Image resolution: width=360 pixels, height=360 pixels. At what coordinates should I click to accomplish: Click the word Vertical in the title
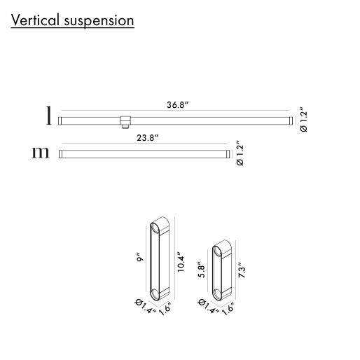point(35,20)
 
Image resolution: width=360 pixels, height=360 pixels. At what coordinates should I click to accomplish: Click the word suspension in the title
point(99,21)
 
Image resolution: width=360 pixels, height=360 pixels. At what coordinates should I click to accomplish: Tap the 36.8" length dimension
point(177,105)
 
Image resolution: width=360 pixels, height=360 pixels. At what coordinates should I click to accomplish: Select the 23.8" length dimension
point(148,138)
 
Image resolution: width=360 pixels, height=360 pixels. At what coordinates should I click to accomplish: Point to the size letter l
point(48,116)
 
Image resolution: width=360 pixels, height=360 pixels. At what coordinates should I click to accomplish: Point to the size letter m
point(41,153)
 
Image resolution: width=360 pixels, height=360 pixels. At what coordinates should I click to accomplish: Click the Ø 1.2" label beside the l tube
point(303,120)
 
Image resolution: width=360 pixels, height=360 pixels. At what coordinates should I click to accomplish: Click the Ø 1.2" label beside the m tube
point(240,153)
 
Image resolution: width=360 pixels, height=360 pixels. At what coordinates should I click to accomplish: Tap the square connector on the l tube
point(125,121)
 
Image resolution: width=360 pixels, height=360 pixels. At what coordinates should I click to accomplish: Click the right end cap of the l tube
point(291,120)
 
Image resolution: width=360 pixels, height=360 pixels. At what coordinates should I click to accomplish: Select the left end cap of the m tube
point(61,154)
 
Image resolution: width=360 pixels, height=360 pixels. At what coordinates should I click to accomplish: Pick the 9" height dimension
point(140,257)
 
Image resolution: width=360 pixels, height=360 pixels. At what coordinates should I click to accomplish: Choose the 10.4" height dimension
point(181,262)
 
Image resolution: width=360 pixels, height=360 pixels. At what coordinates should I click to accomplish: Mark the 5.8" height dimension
point(202,269)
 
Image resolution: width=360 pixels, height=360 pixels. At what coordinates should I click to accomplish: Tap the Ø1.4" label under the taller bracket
point(145,307)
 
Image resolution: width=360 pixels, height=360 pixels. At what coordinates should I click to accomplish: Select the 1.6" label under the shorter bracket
point(228,308)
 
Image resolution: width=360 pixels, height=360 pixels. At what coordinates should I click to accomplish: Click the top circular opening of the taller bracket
point(154,228)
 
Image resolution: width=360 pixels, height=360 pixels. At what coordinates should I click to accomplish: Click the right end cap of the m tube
point(228,154)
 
